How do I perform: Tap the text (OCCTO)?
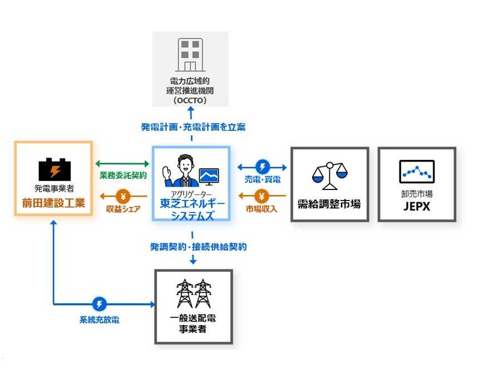(190, 101)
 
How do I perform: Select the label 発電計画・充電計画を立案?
(193, 127)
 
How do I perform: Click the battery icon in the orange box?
(54, 168)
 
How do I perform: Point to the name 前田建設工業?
(54, 203)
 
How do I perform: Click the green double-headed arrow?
(122, 164)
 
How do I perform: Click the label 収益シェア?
(124, 208)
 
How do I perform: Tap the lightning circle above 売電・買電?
(262, 167)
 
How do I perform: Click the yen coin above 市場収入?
(263, 196)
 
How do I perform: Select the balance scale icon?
(329, 176)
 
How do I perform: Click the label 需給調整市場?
(329, 205)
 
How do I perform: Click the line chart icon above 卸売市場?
(417, 172)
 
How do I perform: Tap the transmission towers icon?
(194, 293)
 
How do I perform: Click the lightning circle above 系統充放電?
(99, 304)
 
